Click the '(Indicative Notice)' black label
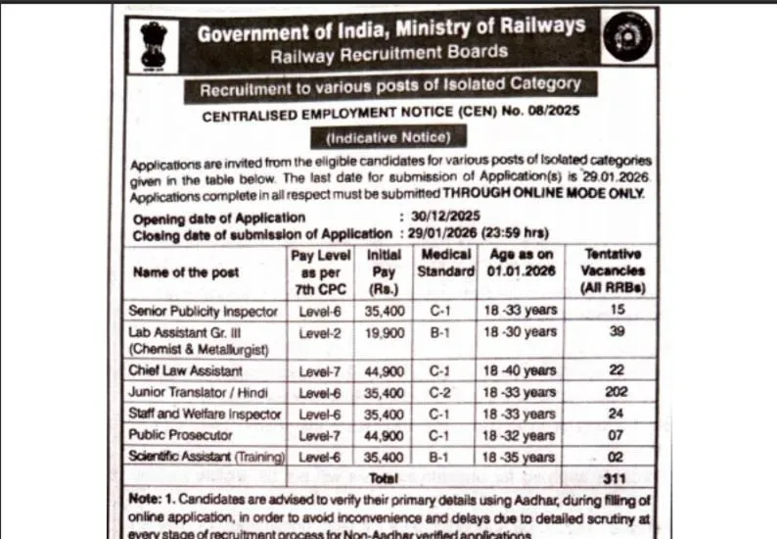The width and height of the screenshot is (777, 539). pos(388,137)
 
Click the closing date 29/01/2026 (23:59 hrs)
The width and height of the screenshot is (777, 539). pos(475,233)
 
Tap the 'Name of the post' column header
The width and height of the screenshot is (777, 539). pos(171,273)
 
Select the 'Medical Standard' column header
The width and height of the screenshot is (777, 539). pos(445,263)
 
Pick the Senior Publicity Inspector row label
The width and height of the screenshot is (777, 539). pos(205,312)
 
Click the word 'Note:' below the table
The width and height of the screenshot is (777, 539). pos(145,500)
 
